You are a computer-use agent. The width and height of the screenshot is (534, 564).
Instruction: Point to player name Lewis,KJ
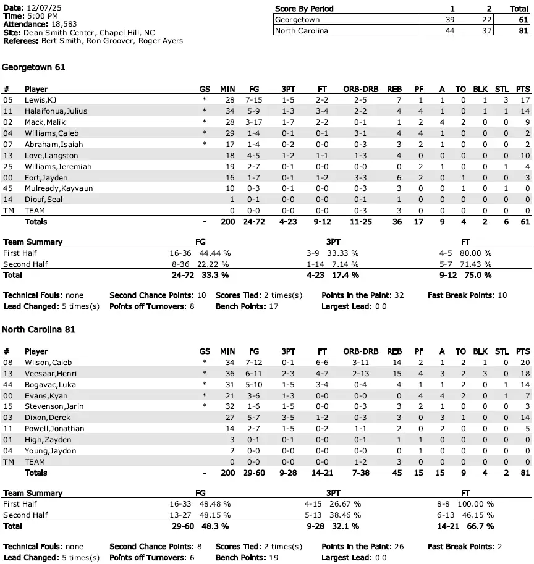[x=40, y=100]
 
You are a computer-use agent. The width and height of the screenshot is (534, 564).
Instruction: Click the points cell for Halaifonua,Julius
[x=525, y=111]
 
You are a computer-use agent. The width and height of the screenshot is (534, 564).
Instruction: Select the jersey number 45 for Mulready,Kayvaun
[x=7, y=188]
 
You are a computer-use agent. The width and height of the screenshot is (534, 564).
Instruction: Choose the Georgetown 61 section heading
[x=34, y=67]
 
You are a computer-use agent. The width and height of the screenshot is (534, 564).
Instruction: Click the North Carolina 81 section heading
[x=39, y=330]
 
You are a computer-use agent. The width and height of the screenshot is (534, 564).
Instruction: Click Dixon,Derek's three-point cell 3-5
[x=289, y=418]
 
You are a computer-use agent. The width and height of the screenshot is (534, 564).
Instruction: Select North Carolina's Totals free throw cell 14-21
[x=321, y=473]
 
